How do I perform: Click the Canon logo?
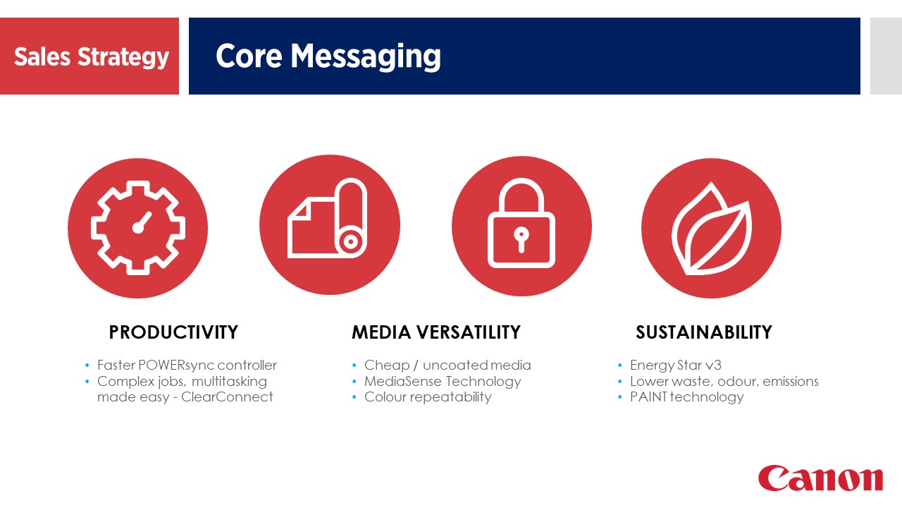[x=820, y=478]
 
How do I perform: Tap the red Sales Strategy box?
[x=89, y=56]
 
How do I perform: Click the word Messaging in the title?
[x=366, y=57]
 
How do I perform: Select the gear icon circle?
[x=137, y=228]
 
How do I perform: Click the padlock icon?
[x=521, y=223]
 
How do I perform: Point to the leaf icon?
[x=712, y=229]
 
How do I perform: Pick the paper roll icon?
[x=327, y=218]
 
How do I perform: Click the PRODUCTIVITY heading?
[x=173, y=332]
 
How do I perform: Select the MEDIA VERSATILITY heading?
[x=436, y=332]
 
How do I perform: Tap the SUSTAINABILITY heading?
[x=704, y=332]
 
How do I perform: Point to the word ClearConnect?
[x=227, y=397]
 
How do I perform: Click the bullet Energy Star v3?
[x=676, y=365]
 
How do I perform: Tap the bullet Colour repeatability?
[x=428, y=397]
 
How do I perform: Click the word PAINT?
[x=649, y=397]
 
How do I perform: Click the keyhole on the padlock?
[x=521, y=239]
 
